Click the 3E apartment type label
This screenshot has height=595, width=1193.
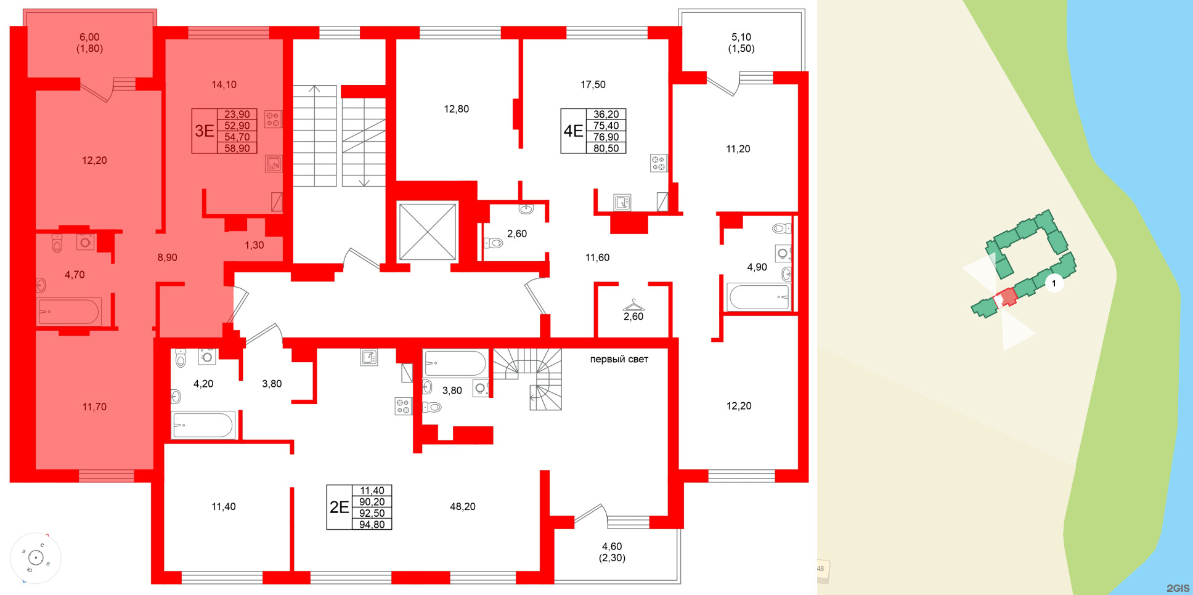click(x=204, y=131)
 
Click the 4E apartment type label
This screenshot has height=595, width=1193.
click(x=573, y=131)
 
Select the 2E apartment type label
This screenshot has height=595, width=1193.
click(x=339, y=507)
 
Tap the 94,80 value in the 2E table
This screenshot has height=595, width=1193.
click(x=372, y=525)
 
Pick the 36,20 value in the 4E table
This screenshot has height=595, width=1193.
click(x=606, y=114)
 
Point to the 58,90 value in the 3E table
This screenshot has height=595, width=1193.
click(x=237, y=148)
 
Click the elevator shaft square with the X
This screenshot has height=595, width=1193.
click(x=428, y=232)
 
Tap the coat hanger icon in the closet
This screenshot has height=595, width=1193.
click(x=633, y=305)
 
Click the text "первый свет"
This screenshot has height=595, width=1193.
click(x=619, y=359)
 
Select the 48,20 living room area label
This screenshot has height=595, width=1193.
click(x=462, y=506)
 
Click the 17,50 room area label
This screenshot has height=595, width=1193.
click(x=593, y=84)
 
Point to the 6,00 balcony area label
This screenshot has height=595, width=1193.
click(x=89, y=37)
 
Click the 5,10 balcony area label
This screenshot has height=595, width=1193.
click(x=741, y=37)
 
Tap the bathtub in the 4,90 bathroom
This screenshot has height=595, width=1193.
click(x=759, y=297)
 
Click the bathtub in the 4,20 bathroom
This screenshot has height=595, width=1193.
click(x=203, y=424)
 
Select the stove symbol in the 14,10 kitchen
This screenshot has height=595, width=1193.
click(x=272, y=119)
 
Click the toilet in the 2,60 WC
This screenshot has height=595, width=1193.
click(x=495, y=243)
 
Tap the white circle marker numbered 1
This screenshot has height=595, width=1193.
click(x=1054, y=283)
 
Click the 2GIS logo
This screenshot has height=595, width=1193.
click(x=1178, y=588)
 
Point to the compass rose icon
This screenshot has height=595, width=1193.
click(x=36, y=558)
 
